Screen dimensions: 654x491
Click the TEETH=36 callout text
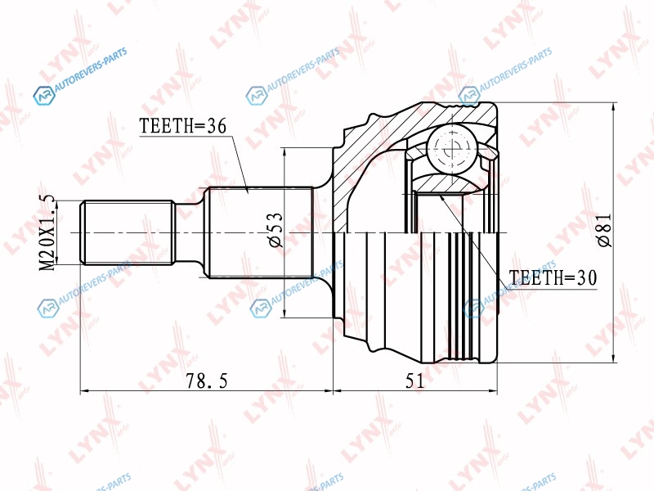coord(182,125)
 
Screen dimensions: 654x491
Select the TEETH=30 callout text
coord(553,277)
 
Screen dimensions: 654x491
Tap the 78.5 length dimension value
coord(207,381)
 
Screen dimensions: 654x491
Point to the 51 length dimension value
coord(414,381)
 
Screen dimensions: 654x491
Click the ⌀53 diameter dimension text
coord(275,230)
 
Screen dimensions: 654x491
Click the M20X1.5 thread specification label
coord(47,232)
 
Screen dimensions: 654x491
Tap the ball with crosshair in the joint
coord(453,149)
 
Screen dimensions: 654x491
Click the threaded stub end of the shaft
coord(128,232)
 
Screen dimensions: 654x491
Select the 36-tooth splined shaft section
coord(260,232)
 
